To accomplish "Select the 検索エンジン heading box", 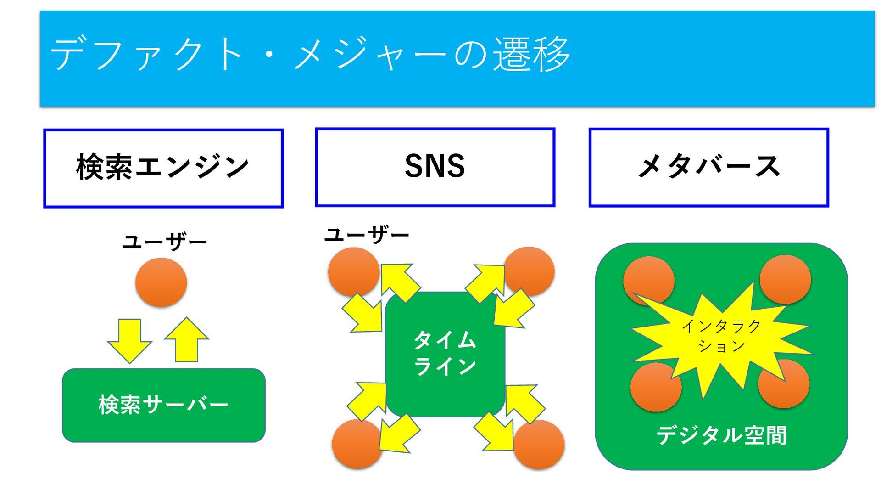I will coord(163,168).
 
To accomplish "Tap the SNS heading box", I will coord(435,167).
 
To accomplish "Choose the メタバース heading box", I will coord(708,168).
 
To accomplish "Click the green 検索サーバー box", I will coord(163,405).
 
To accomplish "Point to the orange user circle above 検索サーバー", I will coord(161,282).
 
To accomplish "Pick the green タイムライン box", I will coord(445,354).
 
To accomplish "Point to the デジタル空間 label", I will coord(721,435).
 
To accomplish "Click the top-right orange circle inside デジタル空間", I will coord(785,279).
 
